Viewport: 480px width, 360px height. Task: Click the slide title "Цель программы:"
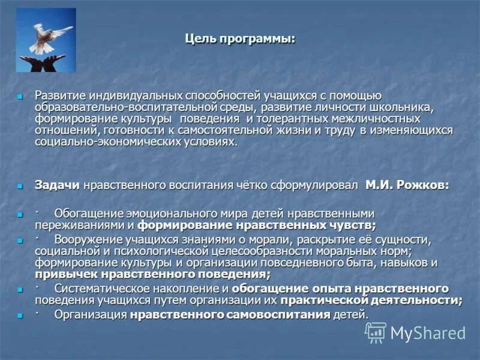(239, 40)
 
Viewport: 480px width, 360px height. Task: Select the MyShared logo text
(428, 333)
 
